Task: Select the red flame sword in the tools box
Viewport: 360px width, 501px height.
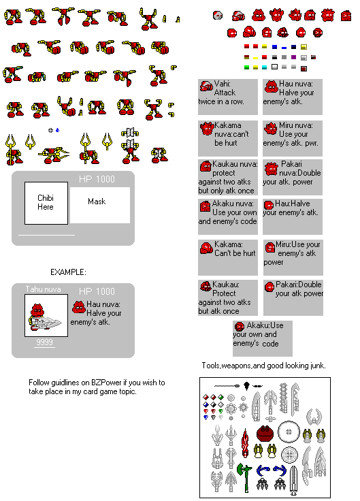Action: click(243, 442)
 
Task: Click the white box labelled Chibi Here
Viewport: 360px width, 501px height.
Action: click(46, 202)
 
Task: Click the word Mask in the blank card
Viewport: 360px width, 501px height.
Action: click(97, 201)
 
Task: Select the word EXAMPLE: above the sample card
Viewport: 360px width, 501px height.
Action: click(68, 272)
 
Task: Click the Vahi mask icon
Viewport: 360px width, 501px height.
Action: click(206, 86)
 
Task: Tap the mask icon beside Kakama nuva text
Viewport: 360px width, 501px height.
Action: click(206, 127)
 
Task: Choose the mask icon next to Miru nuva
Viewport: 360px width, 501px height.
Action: click(269, 127)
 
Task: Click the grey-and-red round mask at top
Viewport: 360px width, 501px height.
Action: click(218, 14)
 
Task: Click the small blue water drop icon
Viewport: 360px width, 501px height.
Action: click(57, 129)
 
